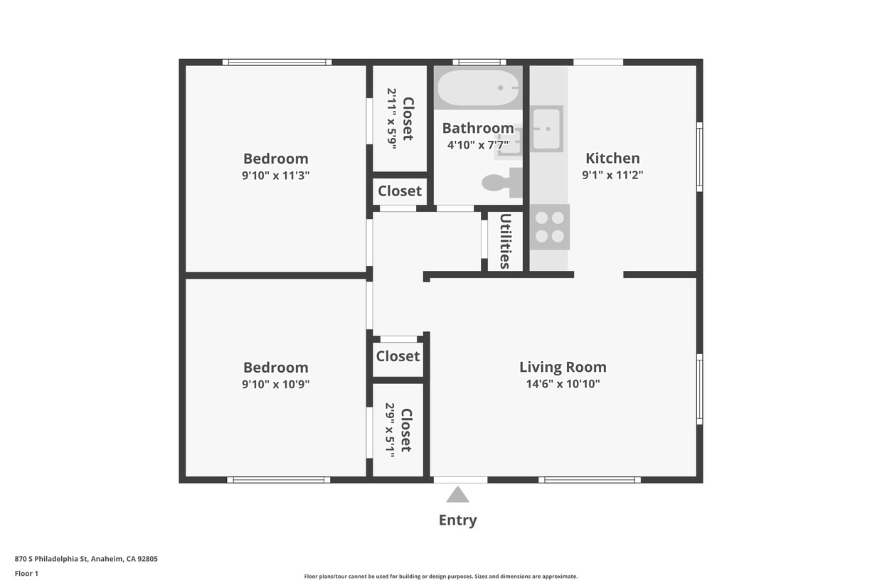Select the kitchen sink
click(546, 129)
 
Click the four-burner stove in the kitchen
click(549, 227)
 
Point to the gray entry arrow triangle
click(457, 495)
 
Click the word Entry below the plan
click(457, 520)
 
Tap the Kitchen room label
click(612, 158)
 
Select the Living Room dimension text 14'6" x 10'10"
click(563, 384)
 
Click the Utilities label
click(505, 241)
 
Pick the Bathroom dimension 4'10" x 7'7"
click(478, 145)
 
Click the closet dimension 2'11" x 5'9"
click(391, 118)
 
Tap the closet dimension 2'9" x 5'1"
click(390, 429)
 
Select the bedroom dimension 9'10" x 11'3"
click(275, 175)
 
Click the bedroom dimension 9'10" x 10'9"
click(275, 384)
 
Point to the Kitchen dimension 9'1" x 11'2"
click(612, 175)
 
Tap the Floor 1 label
click(26, 573)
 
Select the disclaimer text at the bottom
click(440, 577)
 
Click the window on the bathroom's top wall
click(479, 62)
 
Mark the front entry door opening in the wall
click(460, 480)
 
